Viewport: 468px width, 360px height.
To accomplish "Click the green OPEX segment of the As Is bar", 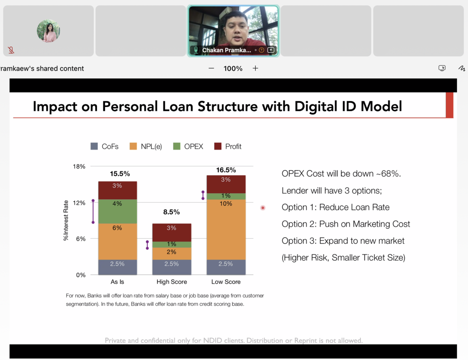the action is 117,211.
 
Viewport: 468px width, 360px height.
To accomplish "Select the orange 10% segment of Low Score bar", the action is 226,229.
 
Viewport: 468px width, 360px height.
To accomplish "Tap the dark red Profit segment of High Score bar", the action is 172,233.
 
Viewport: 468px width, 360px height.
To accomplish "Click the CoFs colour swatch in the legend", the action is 94,146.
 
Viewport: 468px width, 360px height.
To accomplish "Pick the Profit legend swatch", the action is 218,146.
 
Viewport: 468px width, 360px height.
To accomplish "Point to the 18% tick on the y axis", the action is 79,166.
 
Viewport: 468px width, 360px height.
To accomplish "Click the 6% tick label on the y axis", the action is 81,239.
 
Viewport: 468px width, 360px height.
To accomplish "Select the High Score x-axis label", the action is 172,282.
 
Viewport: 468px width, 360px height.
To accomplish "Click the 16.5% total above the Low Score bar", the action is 226,170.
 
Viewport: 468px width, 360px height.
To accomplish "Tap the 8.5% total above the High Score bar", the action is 172,212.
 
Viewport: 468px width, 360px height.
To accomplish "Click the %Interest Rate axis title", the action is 66,221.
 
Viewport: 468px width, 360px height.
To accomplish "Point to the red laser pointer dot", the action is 263,208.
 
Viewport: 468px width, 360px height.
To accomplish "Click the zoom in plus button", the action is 255,68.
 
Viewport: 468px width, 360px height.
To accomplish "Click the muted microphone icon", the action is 11,50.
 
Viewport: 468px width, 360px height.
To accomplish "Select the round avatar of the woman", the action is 48,31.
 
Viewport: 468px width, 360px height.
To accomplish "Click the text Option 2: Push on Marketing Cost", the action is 346,224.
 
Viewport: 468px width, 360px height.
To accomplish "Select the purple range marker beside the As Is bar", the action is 93,212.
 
